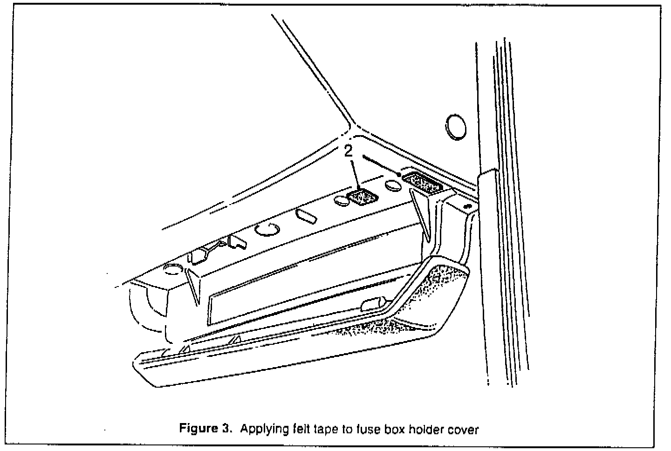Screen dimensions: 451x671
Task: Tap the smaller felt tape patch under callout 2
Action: (363, 198)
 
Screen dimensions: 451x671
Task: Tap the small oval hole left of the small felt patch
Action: (342, 202)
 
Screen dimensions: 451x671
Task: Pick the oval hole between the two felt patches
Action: (393, 186)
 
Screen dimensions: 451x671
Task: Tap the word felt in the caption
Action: (298, 429)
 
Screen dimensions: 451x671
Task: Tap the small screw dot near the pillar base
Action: (467, 205)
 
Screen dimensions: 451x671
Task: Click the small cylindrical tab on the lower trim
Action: (371, 305)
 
